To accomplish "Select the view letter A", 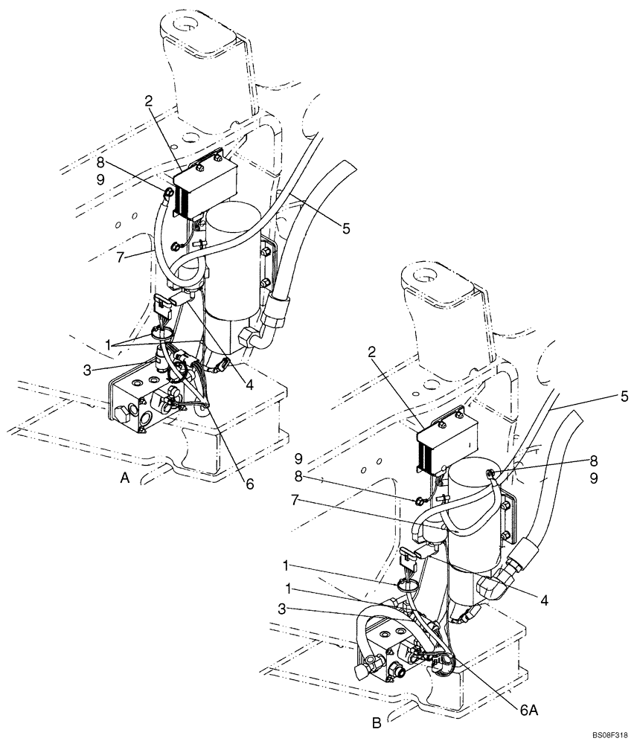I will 126,480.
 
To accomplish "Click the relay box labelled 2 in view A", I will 205,190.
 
